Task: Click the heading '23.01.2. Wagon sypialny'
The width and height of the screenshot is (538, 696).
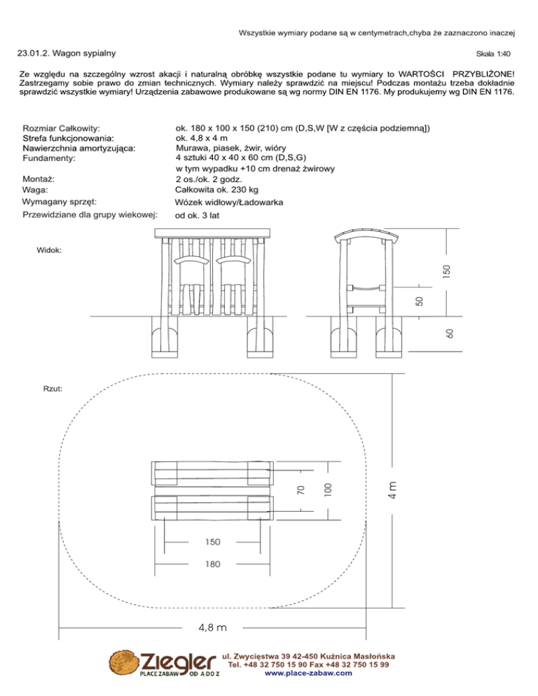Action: pyautogui.click(x=67, y=53)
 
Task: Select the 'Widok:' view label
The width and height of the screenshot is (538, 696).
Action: pyautogui.click(x=48, y=250)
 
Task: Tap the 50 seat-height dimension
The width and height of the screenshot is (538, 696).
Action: pyautogui.click(x=418, y=301)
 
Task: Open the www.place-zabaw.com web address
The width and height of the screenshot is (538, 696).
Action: pyautogui.click(x=308, y=674)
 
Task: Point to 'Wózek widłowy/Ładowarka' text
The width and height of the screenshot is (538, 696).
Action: pyautogui.click(x=228, y=202)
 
